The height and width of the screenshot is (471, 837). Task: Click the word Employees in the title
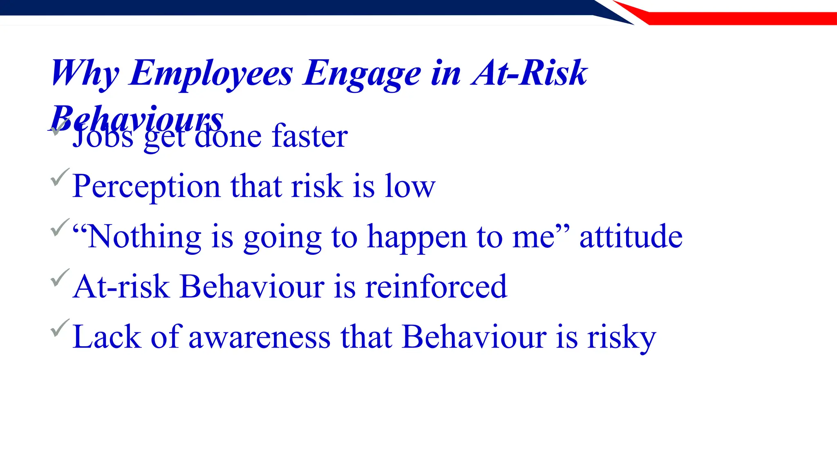click(211, 74)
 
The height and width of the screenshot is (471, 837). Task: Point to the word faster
click(310, 136)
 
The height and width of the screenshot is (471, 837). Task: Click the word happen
click(417, 238)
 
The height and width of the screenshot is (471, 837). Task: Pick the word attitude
click(631, 237)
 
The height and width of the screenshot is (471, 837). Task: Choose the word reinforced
click(436, 287)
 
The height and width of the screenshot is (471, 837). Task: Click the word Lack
click(107, 337)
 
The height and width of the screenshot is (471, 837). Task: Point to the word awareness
click(259, 338)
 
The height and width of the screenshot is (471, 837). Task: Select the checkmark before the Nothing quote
click(60, 227)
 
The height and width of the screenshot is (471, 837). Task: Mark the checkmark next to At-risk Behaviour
click(60, 278)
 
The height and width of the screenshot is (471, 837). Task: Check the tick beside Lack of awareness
click(60, 328)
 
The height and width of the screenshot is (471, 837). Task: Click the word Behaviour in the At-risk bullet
click(252, 287)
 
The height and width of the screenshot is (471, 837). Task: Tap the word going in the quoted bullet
click(282, 238)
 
